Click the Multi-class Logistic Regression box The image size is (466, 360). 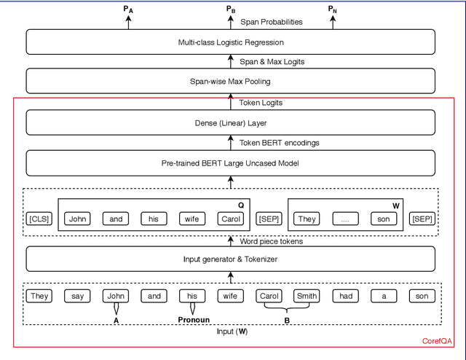click(231, 42)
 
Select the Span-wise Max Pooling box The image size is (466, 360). click(231, 81)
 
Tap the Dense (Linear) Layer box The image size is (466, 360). click(231, 122)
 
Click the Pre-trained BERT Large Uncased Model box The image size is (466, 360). click(231, 163)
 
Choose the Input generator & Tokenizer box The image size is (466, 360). click(231, 259)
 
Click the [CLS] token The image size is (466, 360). click(39, 219)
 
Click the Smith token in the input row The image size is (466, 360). click(307, 296)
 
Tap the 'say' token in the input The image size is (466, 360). click(77, 296)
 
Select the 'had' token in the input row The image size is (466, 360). click(346, 296)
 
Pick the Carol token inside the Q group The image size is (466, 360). click(231, 219)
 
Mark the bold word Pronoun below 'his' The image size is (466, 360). click(194, 320)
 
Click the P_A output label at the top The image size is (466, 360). click(129, 9)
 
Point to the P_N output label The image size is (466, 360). click(333, 9)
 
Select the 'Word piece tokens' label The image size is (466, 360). click(272, 240)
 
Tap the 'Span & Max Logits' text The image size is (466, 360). click(272, 62)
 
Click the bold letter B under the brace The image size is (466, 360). click(287, 320)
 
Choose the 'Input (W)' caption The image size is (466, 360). click(231, 332)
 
